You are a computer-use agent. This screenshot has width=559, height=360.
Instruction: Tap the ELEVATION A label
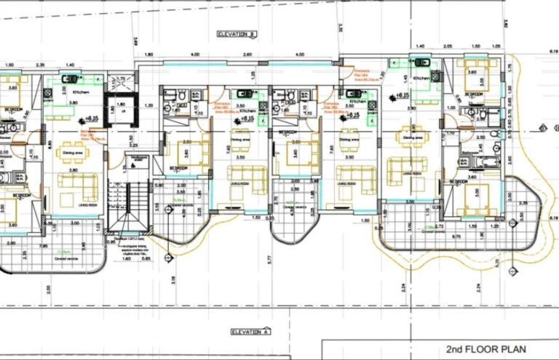point(250,331)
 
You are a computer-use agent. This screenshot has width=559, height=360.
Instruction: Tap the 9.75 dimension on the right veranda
point(456,237)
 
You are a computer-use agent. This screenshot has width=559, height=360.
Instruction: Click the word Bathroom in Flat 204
point(470,153)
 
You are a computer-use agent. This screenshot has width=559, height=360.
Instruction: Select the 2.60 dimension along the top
point(247,55)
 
